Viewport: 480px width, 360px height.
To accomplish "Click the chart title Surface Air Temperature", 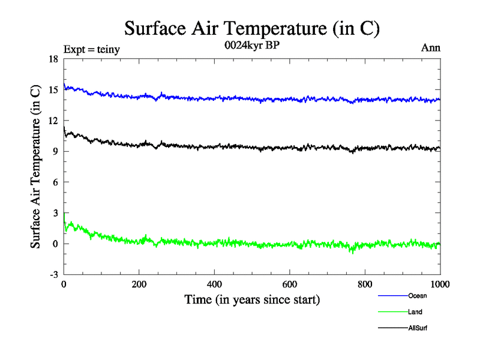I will click(x=252, y=28).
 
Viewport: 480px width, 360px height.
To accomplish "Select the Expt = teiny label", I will click(x=92, y=50).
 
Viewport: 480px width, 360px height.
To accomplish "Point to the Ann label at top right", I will click(x=431, y=49).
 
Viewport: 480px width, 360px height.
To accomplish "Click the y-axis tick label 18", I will click(x=53, y=59).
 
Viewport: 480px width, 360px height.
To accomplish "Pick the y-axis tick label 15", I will click(x=53, y=90).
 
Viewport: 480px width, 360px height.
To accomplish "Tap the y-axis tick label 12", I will click(x=53, y=121).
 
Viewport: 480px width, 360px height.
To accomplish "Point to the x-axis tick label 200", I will click(x=139, y=284).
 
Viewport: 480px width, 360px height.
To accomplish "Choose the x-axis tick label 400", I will click(x=214, y=284).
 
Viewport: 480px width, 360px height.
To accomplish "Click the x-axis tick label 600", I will click(x=290, y=284).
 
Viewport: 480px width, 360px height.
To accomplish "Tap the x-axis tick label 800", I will click(x=365, y=284).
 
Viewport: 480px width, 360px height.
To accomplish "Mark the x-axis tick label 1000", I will click(x=440, y=284).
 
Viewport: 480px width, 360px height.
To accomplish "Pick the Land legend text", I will click(x=415, y=312).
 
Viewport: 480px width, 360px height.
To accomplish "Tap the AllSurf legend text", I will click(x=418, y=328).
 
